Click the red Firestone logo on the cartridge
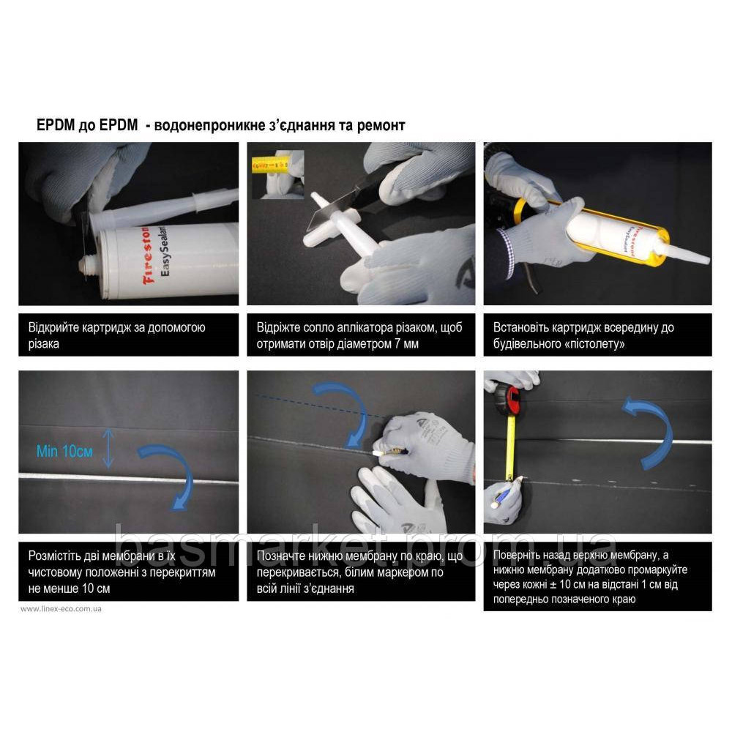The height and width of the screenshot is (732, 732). [x=149, y=255]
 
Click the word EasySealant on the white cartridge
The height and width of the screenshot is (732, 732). [x=165, y=252]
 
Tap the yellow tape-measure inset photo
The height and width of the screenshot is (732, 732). [x=277, y=174]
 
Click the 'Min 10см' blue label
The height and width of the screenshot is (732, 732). [x=64, y=452]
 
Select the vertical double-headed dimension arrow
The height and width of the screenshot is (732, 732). [x=108, y=449]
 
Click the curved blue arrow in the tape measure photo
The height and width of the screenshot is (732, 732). [x=654, y=430]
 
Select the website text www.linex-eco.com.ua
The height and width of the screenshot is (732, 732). [x=61, y=609]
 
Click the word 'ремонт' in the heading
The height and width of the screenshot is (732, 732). [x=381, y=126]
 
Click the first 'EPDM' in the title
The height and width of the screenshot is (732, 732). [x=56, y=125]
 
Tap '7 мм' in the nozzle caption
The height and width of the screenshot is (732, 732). [x=406, y=344]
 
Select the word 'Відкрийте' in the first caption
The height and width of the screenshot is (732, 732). [x=53, y=327]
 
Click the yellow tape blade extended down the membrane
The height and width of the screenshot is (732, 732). [x=511, y=447]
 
